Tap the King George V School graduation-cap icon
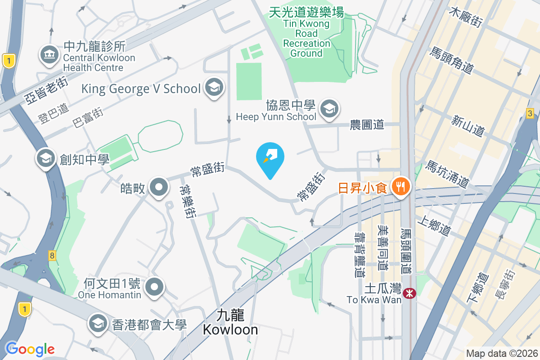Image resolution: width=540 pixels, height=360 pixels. pyautogui.click(x=214, y=88)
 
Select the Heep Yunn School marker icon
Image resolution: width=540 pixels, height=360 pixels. pyautogui.click(x=329, y=109)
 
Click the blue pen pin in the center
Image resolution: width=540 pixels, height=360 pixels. pyautogui.click(x=270, y=157)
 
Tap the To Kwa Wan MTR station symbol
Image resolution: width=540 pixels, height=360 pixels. pyautogui.click(x=410, y=293)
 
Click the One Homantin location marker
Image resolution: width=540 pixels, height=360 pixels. pyautogui.click(x=155, y=286)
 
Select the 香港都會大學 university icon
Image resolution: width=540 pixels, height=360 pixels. pyautogui.click(x=97, y=324)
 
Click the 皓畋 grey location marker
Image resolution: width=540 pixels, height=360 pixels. pyautogui.click(x=158, y=187)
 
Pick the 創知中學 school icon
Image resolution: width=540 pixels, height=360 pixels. pyautogui.click(x=46, y=158)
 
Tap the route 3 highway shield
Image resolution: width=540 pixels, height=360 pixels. pyautogui.click(x=531, y=113)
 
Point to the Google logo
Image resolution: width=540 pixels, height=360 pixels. pyautogui.click(x=30, y=349)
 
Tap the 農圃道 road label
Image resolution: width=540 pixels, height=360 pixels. pyautogui.click(x=367, y=125)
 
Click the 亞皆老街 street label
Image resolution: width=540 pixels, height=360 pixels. pyautogui.click(x=46, y=90)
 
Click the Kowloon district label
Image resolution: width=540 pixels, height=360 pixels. pyautogui.click(x=230, y=322)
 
